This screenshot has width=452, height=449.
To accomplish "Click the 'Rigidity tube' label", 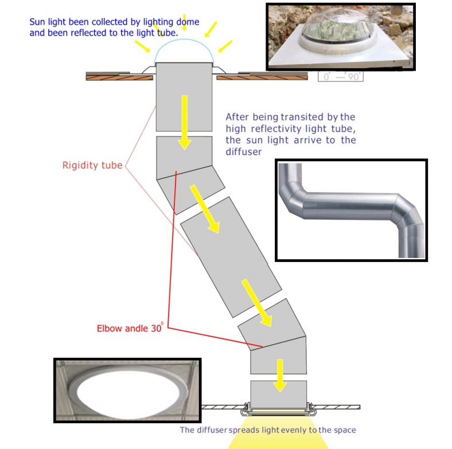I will point(92,166).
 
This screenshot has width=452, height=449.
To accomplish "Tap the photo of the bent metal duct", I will point(351,209).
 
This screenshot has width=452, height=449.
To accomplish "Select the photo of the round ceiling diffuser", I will point(127,391).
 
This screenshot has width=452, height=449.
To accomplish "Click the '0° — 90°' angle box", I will point(341,76).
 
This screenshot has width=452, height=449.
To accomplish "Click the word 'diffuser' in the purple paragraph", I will point(244,152).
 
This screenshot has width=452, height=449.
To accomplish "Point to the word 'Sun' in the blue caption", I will point(38,22).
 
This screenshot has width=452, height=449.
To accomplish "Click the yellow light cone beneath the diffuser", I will point(279,440).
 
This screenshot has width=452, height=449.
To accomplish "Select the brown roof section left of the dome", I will point(112,75).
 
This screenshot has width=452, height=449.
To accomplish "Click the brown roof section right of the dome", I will point(270,76).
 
